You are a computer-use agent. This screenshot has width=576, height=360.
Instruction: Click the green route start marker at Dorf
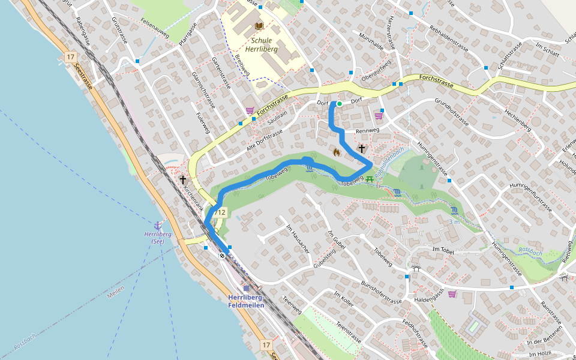coord(339,104)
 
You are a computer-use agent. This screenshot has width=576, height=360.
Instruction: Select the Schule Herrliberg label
coord(262,45)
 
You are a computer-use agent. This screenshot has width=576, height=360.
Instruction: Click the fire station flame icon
coord(336,152)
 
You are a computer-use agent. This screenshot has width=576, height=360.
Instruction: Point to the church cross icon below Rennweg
coord(362,148)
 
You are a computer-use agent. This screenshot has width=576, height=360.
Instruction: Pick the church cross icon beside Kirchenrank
coord(182,179)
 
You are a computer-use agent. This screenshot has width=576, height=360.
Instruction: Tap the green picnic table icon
coord(370,178)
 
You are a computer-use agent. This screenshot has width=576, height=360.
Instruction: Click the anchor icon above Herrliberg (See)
coord(158,225)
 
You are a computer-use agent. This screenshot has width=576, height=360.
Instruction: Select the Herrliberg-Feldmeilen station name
coord(246,301)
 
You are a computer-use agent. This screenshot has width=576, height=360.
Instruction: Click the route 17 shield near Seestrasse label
coord(71,57)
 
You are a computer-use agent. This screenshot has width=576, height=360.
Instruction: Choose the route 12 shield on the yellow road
coord(220,212)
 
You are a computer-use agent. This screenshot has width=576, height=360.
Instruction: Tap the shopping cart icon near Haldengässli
coord(452,294)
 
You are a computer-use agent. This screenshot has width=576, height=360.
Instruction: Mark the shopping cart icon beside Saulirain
coord(250,110)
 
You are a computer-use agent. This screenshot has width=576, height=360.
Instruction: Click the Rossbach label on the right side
coord(530,253)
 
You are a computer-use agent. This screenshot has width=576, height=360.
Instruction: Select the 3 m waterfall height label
coord(454,221)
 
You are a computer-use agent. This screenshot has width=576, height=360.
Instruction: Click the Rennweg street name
coord(367,131)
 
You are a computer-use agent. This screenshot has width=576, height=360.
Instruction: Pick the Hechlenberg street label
coord(518,121)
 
